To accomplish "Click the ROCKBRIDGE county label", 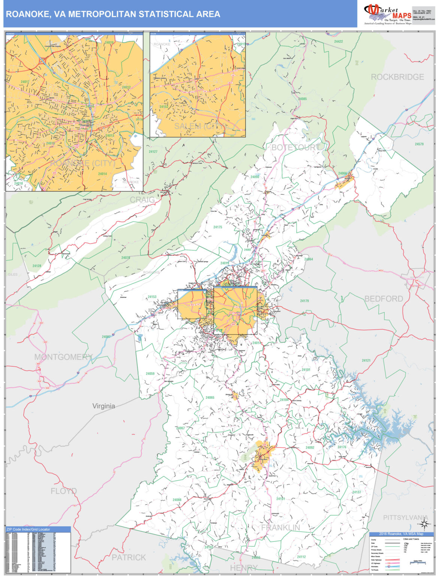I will click(x=397, y=77).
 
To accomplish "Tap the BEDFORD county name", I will click(x=384, y=299).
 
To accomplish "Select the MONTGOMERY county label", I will click(x=63, y=357).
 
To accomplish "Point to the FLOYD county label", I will click(x=64, y=491).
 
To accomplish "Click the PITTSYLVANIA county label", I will click(x=405, y=517).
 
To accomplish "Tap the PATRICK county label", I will click(x=128, y=557).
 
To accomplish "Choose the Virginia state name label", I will click(x=104, y=406).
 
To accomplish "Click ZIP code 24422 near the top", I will click(x=338, y=42).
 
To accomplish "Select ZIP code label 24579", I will click(x=419, y=144).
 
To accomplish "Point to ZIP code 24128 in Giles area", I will click(x=37, y=266).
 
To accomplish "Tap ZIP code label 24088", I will click(x=177, y=500).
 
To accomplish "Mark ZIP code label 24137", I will click(x=356, y=492).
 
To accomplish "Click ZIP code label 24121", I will click(x=366, y=360).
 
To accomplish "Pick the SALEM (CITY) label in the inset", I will click(x=200, y=126).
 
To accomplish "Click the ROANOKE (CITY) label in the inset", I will click(x=82, y=163).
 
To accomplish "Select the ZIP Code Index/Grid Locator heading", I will click(x=28, y=529).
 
